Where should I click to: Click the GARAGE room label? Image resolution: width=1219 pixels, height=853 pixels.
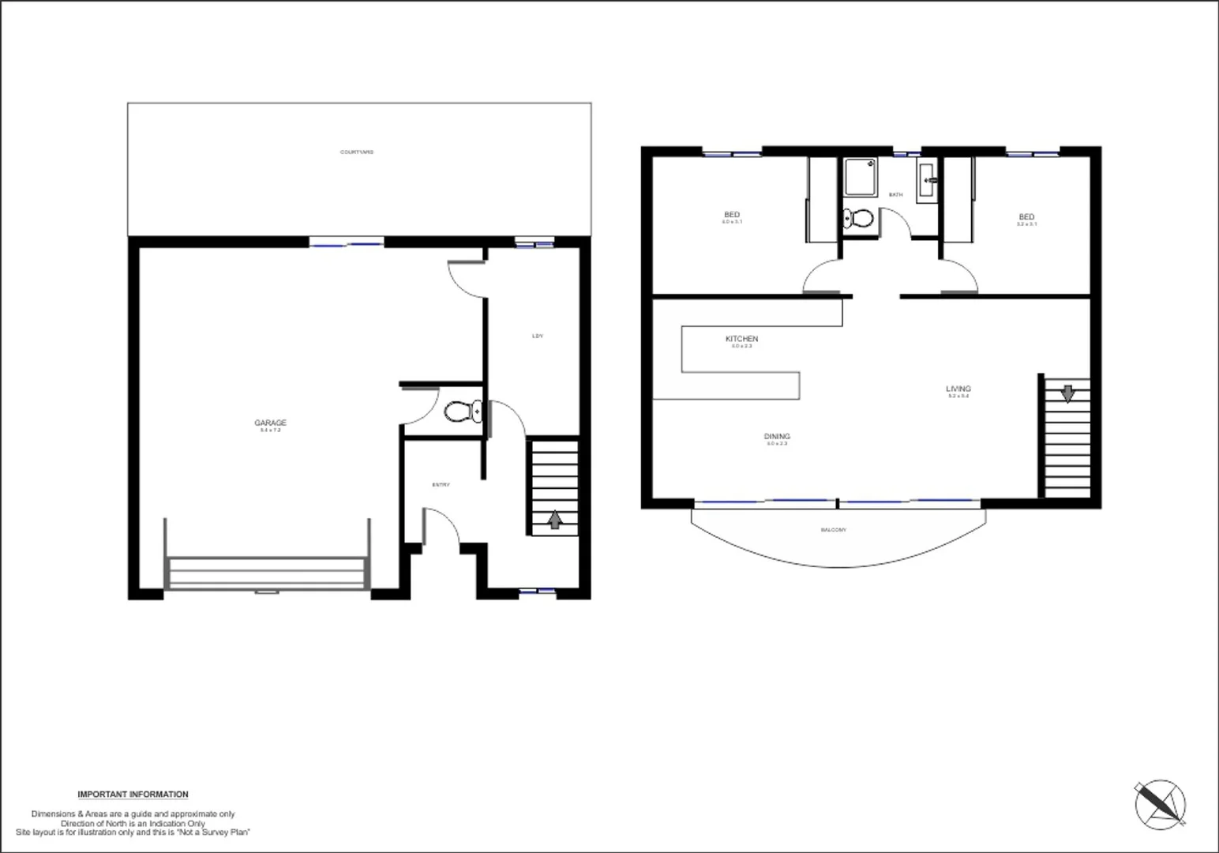(x=270, y=423)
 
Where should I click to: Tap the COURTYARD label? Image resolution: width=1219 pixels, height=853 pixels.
(x=357, y=152)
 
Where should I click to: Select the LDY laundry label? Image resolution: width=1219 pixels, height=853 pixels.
(x=538, y=336)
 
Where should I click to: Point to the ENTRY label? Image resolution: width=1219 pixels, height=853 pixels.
(x=441, y=485)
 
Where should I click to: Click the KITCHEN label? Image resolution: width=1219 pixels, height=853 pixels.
(x=741, y=339)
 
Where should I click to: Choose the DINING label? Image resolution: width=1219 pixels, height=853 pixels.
(x=777, y=437)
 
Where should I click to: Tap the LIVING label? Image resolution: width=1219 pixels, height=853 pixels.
(x=958, y=389)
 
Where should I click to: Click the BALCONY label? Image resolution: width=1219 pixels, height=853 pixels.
(x=833, y=530)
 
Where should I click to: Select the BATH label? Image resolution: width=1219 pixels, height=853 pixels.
(x=895, y=194)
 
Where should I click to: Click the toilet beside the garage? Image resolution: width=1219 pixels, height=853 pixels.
(x=463, y=411)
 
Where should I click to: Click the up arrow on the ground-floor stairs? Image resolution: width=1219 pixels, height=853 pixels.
(x=555, y=519)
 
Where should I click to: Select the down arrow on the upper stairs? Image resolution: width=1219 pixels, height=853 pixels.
(x=1067, y=393)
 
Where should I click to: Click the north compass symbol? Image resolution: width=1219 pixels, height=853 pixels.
(x=1160, y=803)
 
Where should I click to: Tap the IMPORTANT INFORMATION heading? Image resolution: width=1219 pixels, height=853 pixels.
(x=133, y=795)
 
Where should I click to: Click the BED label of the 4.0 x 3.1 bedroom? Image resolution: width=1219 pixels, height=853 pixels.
(x=732, y=215)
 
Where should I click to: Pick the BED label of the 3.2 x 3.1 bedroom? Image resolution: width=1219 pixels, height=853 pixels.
(x=1026, y=217)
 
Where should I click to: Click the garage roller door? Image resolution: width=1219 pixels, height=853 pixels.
(x=267, y=573)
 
